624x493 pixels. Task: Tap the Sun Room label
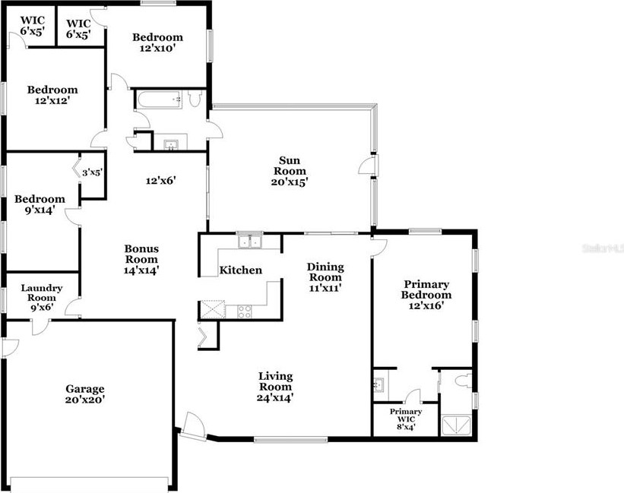pos(289,171)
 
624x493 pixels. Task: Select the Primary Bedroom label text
pos(426,295)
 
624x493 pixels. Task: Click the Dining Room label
pos(325,277)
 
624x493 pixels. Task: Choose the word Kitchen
pos(240,270)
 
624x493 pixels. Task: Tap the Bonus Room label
pos(141,258)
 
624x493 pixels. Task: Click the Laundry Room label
pos(41,298)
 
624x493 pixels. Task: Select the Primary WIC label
pos(406,419)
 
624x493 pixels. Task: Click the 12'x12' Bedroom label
pos(53,95)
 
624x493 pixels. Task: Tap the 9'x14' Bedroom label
pos(40,205)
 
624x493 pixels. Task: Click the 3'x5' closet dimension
pos(92,172)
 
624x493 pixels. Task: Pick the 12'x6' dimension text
pos(161,181)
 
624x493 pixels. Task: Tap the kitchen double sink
pos(249,242)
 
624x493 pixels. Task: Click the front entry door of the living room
pos(193,424)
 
